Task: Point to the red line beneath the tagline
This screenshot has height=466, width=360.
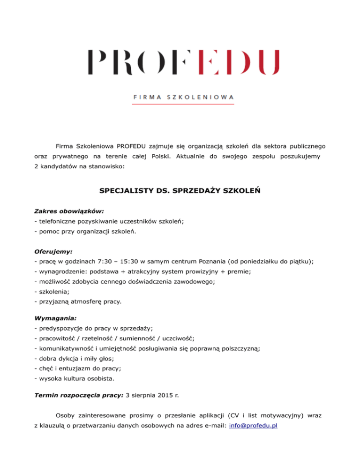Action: tap(183, 104)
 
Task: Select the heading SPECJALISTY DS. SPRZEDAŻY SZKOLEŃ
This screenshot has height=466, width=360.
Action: tap(180, 191)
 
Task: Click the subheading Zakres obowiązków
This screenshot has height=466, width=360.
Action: tap(69, 211)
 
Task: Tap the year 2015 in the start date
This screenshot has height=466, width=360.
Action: tap(164, 395)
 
